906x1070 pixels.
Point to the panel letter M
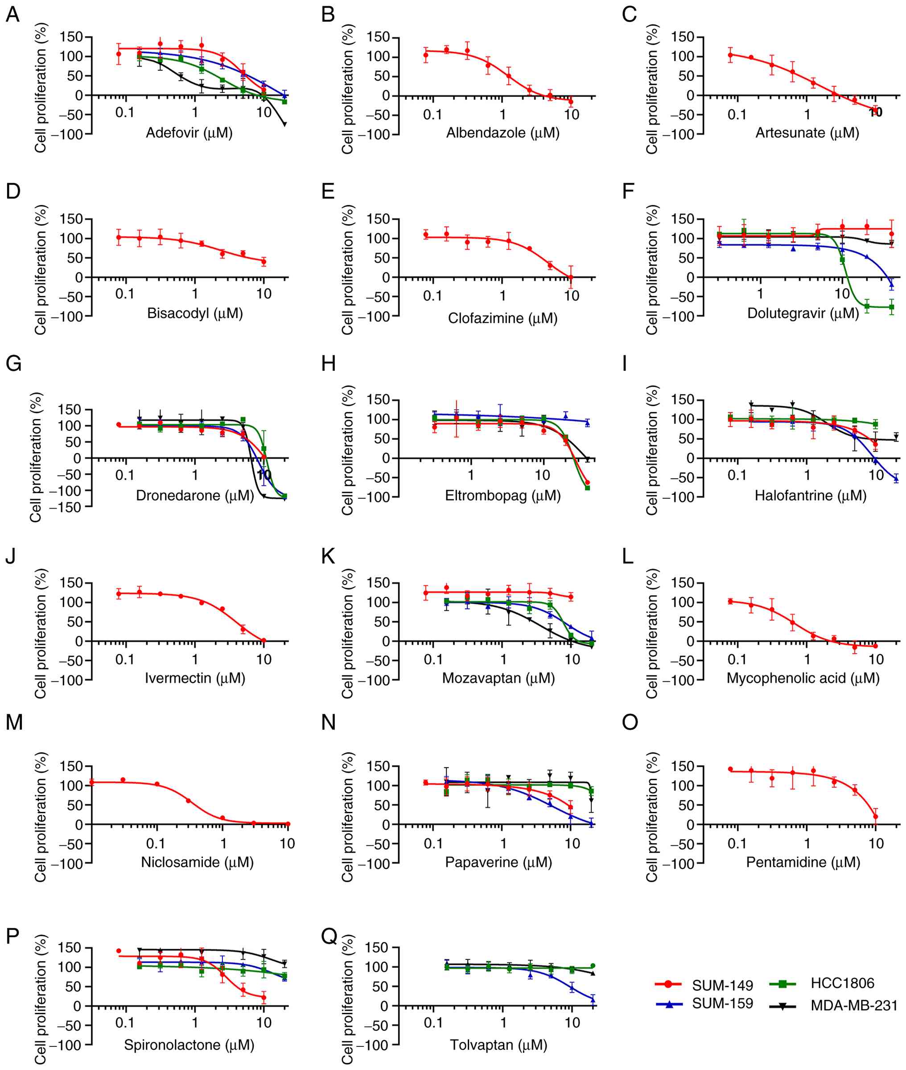coord(14,722)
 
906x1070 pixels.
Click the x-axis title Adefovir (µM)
coord(189,133)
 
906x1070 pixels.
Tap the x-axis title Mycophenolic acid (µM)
coord(803,678)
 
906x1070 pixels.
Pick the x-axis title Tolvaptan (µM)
coord(498,1045)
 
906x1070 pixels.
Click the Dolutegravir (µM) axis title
coord(803,313)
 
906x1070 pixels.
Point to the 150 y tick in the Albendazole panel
coord(378,37)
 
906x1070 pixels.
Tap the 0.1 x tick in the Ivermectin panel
coord(124,659)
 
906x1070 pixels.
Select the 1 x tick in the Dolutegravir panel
coord(760,294)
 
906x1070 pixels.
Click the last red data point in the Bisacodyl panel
coord(264,261)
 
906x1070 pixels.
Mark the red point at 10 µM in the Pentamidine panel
coord(875,816)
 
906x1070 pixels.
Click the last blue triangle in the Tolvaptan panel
coord(593,999)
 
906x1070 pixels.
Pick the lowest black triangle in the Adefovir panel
coord(284,124)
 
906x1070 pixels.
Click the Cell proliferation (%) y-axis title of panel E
coord(348,270)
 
